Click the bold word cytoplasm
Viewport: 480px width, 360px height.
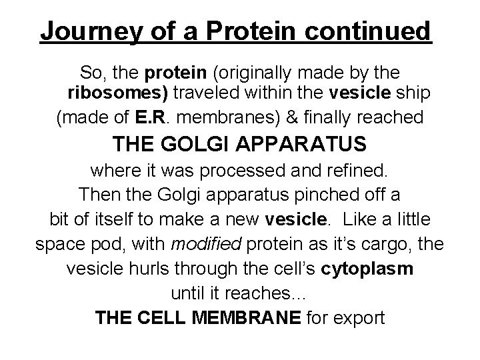pyautogui.click(x=367, y=268)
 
